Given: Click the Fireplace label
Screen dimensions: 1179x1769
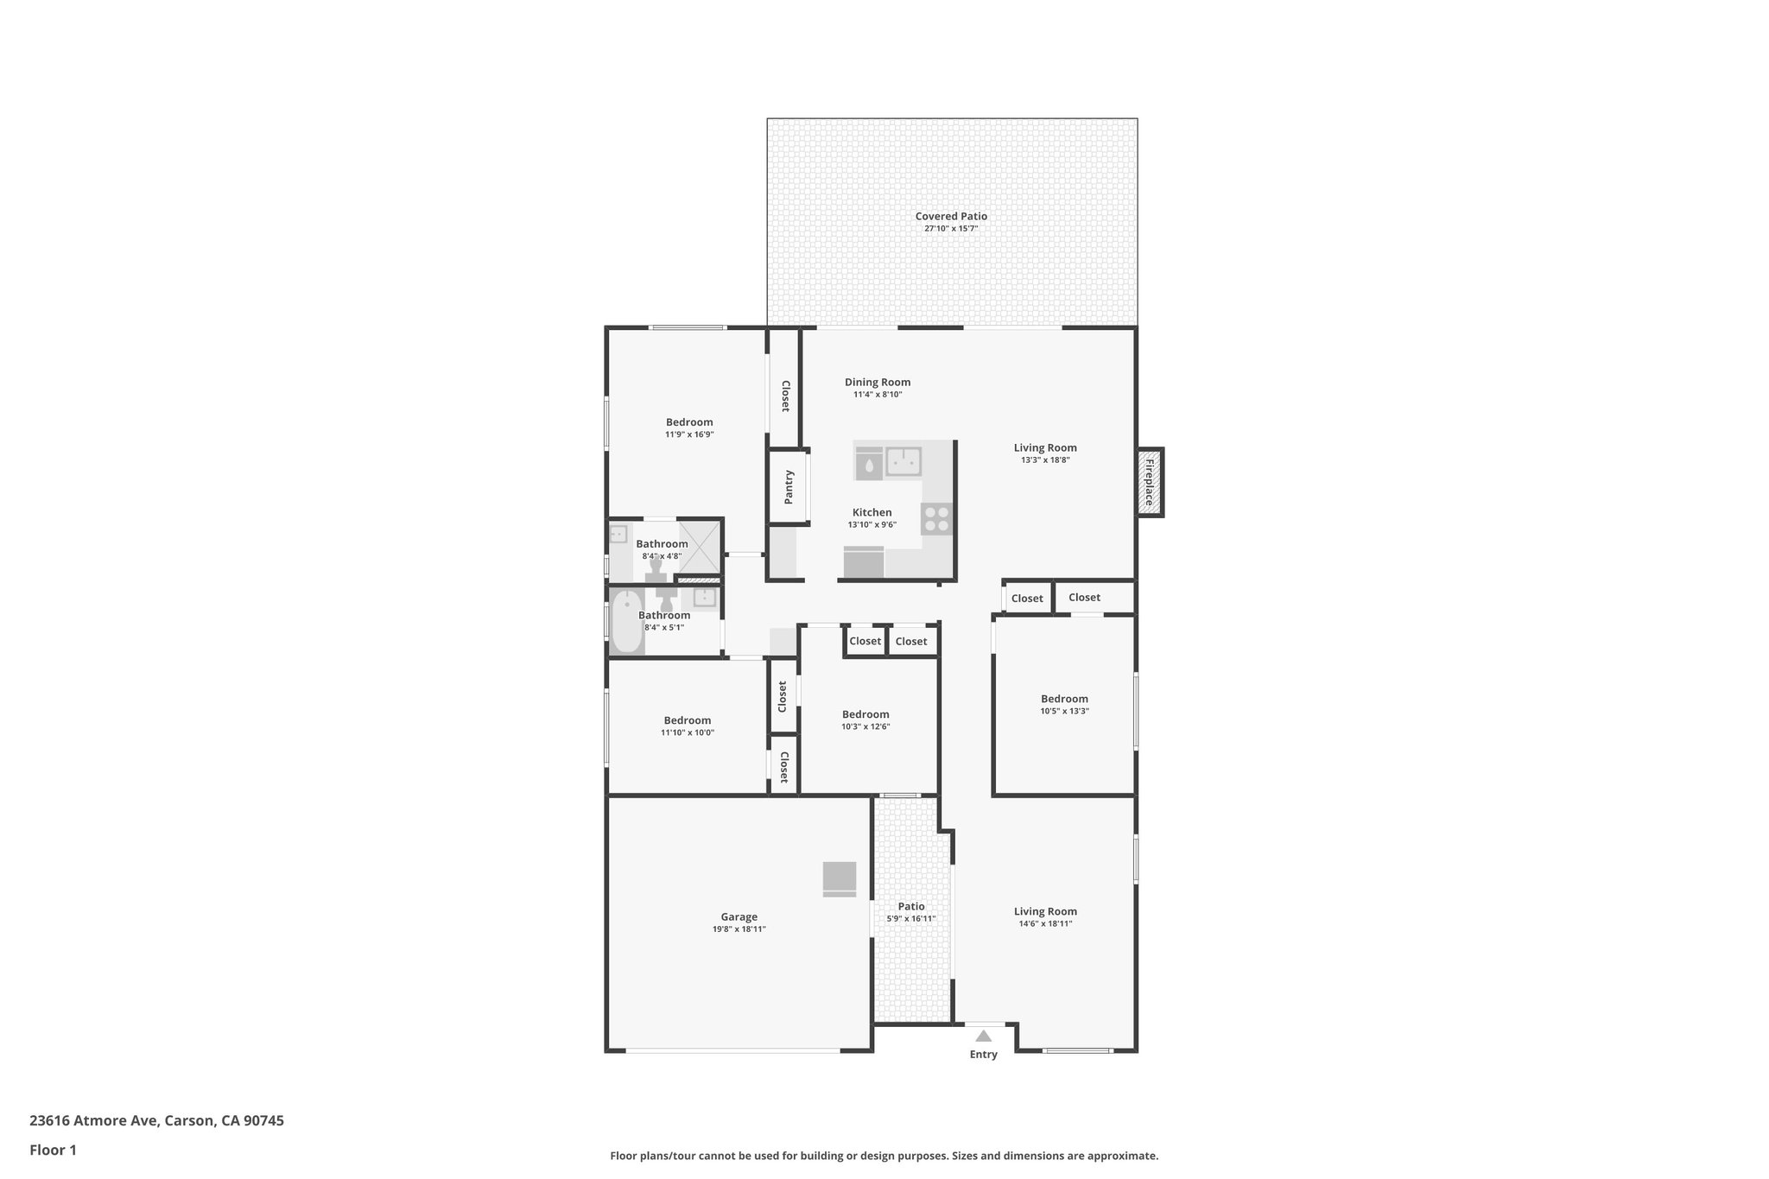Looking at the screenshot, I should tap(1150, 483).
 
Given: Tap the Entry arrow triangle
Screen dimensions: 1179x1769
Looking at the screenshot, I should tap(983, 1036).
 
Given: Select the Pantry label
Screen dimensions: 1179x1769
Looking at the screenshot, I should tap(789, 487).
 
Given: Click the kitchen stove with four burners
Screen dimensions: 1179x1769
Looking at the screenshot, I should tap(936, 518).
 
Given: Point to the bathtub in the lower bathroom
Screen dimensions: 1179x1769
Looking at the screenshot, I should tap(626, 622).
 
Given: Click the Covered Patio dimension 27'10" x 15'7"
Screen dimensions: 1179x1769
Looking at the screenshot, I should tap(951, 229).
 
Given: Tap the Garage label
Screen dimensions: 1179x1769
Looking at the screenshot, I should tap(739, 917).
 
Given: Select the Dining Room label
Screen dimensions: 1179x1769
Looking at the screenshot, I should tap(878, 382).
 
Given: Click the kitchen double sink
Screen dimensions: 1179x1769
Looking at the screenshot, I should tap(904, 462).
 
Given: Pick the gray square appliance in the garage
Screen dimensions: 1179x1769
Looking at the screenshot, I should tap(839, 878).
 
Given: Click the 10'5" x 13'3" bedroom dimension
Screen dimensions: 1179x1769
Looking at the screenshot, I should tap(1064, 712).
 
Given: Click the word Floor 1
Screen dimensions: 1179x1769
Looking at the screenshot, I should tap(53, 1150).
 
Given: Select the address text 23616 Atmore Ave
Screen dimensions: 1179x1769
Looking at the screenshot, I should tap(93, 1120).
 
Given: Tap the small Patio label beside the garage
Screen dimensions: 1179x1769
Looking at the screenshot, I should tap(911, 906).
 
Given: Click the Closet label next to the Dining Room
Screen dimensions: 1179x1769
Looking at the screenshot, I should tap(785, 396).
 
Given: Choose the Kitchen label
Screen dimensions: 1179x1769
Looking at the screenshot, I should tap(872, 512).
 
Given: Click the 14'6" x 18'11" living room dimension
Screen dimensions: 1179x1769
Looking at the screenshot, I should tap(1045, 924).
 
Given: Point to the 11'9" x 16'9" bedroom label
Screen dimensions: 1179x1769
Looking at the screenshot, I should tap(689, 422).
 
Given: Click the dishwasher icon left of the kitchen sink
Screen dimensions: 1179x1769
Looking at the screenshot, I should tap(869, 464).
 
